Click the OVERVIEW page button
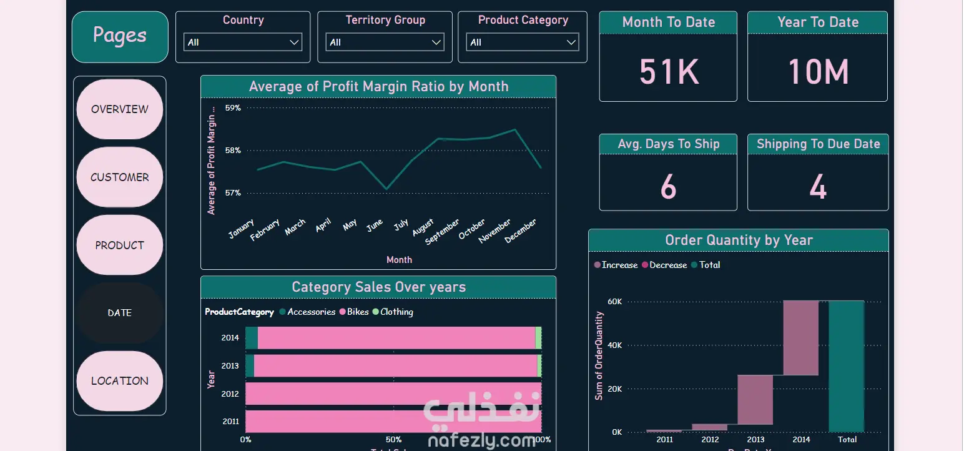click(120, 109)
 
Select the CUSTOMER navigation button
click(120, 177)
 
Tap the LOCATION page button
click(120, 381)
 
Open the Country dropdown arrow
click(294, 42)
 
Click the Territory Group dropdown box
click(385, 42)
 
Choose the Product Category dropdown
click(523, 42)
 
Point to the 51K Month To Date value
click(669, 71)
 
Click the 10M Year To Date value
click(818, 71)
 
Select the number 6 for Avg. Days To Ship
click(668, 186)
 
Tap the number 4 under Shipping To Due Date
click(818, 186)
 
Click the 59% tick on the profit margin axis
click(233, 108)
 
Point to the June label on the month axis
click(375, 226)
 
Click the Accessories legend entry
click(311, 312)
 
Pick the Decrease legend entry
click(667, 265)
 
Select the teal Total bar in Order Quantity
click(847, 366)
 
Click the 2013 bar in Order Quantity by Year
click(755, 400)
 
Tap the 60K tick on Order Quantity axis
click(615, 302)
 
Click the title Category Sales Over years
click(378, 287)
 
